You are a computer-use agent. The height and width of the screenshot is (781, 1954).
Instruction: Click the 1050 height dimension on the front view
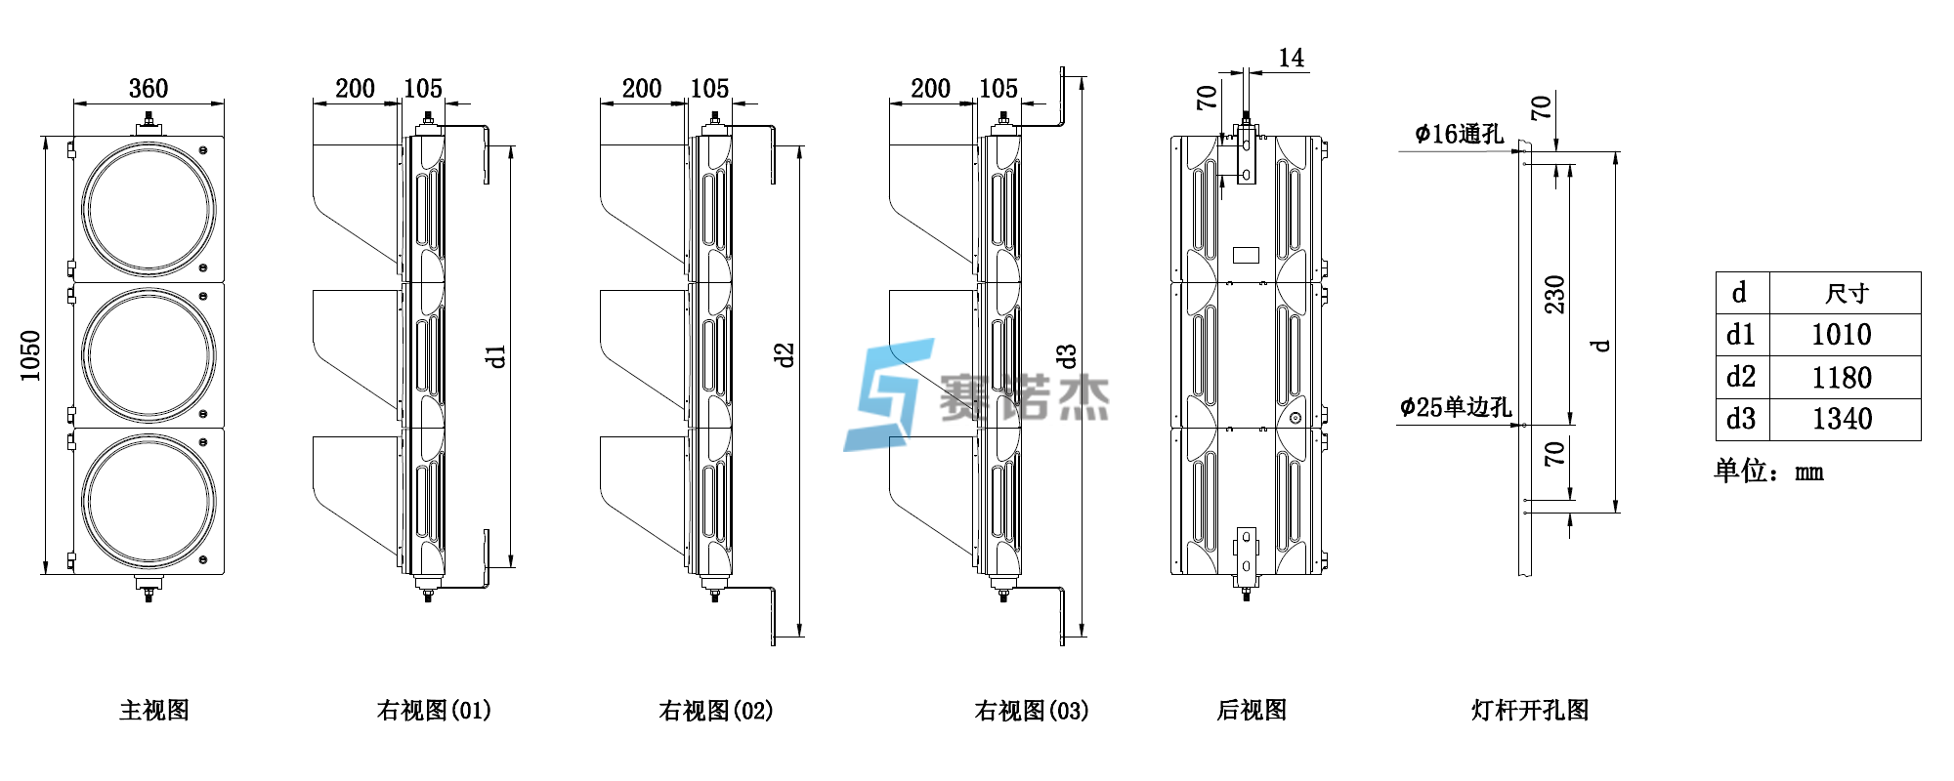pyautogui.click(x=30, y=355)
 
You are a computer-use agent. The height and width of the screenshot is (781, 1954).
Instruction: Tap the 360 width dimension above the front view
pyautogui.click(x=149, y=89)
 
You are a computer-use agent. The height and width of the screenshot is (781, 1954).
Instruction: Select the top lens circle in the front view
pyautogui.click(x=149, y=208)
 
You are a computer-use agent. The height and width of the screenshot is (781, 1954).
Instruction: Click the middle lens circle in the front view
pyautogui.click(x=149, y=354)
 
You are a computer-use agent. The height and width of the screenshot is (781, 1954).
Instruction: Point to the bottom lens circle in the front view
pyautogui.click(x=149, y=501)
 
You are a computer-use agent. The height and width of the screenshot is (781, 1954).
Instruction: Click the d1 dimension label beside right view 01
pyautogui.click(x=496, y=355)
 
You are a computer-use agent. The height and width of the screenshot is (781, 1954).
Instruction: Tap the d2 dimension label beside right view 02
pyautogui.click(x=784, y=355)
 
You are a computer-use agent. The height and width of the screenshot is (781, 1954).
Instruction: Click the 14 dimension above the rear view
pyautogui.click(x=1291, y=59)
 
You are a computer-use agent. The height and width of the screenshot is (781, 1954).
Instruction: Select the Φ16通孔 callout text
pyautogui.click(x=1459, y=134)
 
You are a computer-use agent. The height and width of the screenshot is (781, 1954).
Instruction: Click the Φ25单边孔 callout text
pyautogui.click(x=1455, y=407)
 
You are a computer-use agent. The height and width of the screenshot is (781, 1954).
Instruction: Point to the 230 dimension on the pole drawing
pyautogui.click(x=1554, y=294)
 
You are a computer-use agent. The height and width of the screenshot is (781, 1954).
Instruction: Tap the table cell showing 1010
pyautogui.click(x=1841, y=335)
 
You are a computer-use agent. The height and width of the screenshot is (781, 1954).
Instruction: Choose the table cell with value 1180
pyautogui.click(x=1841, y=378)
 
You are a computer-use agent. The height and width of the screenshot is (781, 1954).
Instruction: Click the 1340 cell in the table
pyautogui.click(x=1841, y=420)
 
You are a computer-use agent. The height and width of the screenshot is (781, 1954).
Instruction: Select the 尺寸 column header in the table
pyautogui.click(x=1846, y=293)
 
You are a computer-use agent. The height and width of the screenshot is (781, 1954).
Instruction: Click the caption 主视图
pyautogui.click(x=154, y=710)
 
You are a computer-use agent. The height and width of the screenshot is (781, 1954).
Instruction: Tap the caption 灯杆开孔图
pyautogui.click(x=1530, y=710)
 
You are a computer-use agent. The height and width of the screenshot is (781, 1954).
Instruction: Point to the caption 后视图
pyautogui.click(x=1252, y=710)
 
